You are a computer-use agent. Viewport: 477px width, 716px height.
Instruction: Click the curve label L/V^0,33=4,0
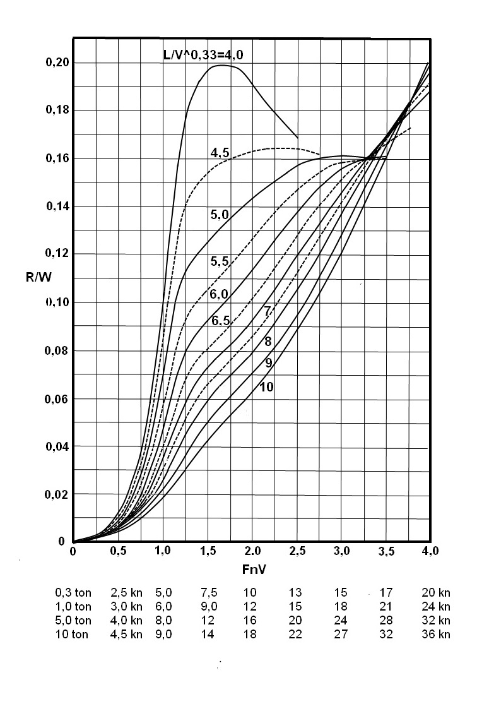203,55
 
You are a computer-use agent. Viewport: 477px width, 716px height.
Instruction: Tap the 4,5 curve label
220,152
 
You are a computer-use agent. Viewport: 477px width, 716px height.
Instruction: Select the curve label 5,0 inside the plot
220,215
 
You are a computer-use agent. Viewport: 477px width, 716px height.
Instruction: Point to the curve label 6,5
220,321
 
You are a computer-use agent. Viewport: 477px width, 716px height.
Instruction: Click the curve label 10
266,387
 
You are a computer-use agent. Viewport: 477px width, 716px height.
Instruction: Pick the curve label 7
268,311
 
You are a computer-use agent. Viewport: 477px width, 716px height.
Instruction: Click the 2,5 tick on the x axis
297,551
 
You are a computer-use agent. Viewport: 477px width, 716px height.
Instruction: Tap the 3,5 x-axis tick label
386,551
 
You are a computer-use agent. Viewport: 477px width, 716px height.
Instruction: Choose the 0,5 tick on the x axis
118,551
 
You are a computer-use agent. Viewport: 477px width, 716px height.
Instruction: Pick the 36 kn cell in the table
435,635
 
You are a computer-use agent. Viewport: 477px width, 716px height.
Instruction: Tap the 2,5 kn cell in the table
126,593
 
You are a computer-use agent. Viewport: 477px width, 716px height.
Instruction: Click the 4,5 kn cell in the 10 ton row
126,635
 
